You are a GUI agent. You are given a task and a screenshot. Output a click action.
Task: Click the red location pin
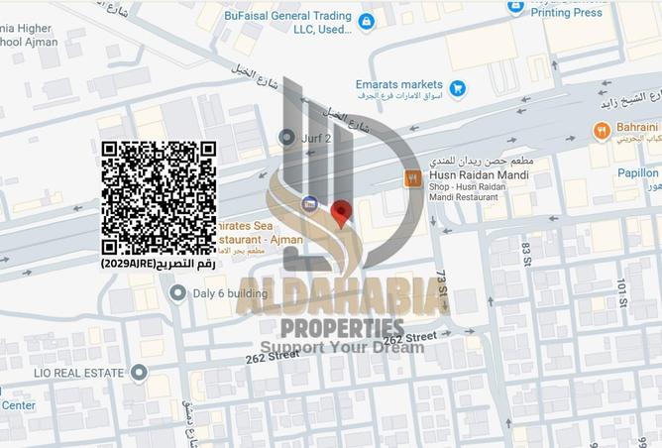tap(341, 213)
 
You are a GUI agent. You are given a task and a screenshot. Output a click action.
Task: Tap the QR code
tap(159, 197)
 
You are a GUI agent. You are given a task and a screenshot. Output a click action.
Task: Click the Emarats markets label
tap(399, 85)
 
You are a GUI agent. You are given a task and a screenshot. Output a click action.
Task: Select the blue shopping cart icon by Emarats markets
tap(457, 88)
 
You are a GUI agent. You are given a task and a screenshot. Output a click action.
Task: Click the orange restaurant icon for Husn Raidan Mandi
tap(413, 178)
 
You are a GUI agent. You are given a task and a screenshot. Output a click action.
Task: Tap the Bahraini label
tap(638, 128)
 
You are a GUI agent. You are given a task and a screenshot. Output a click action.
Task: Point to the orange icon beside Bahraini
tap(601, 131)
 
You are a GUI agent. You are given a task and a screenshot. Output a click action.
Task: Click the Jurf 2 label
tap(317, 137)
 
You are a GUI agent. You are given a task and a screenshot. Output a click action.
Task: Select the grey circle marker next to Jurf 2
tap(287, 137)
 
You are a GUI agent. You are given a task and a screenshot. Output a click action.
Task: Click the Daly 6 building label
tap(230, 293)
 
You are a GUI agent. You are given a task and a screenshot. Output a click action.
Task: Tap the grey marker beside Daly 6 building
tap(177, 292)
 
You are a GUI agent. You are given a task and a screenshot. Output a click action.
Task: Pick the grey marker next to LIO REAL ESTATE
tap(139, 373)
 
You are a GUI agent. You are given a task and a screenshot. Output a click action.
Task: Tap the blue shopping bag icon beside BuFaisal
tap(366, 21)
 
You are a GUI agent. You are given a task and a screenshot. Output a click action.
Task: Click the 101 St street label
tap(622, 293)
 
